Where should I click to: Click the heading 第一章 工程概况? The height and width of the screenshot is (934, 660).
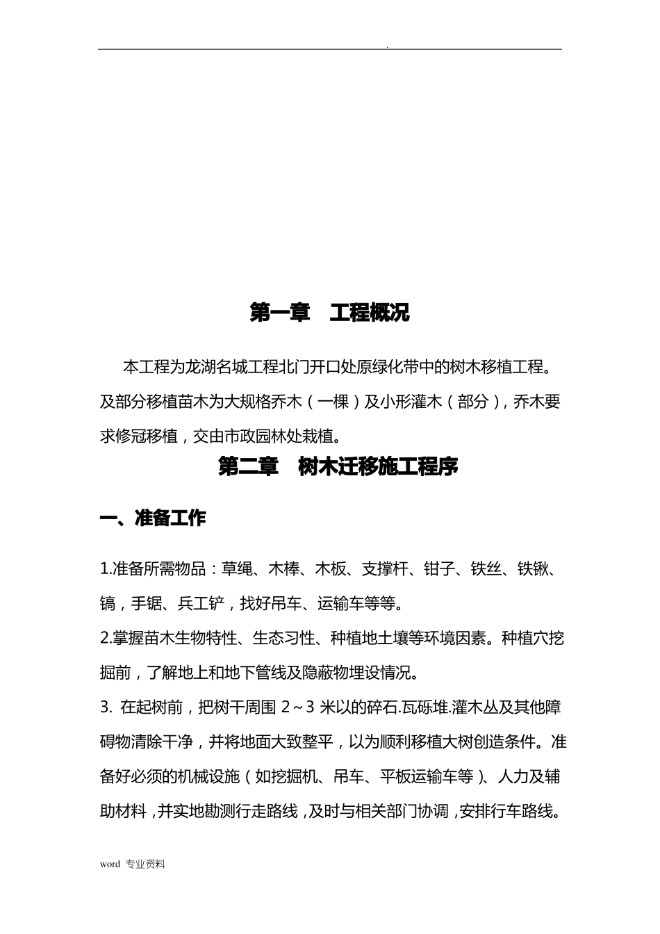[x=329, y=313]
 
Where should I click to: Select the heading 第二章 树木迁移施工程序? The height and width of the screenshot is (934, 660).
[x=338, y=466]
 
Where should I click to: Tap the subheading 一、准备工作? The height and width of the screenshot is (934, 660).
[x=153, y=518]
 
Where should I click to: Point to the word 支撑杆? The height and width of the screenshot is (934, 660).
[x=386, y=569]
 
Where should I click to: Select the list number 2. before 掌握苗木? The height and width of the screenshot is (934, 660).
[x=106, y=639]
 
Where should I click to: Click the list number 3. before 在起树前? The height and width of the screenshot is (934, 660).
[x=106, y=708]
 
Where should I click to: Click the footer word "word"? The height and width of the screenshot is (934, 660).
[x=110, y=865]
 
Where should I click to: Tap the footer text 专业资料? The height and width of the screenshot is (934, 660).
[x=146, y=865]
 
